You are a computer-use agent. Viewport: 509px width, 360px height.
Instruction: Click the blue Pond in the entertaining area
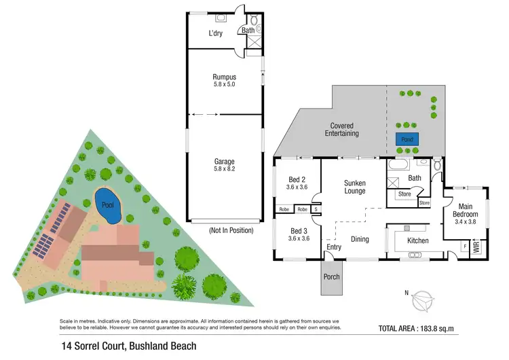[x=407, y=139]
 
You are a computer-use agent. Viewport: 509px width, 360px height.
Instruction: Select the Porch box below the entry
[x=331, y=277]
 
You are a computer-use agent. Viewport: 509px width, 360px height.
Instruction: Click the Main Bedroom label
[x=466, y=211]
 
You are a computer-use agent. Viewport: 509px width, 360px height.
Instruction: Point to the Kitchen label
[x=417, y=240]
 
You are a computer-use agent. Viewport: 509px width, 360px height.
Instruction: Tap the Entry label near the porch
[x=334, y=247]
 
